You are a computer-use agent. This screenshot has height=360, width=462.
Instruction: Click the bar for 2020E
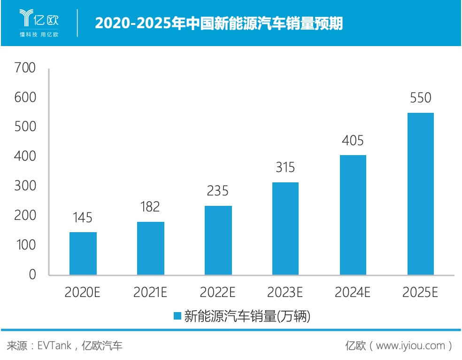coord(83,253)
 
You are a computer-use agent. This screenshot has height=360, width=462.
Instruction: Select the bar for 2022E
coord(218,240)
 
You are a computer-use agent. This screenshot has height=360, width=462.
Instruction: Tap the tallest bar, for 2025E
coord(421,194)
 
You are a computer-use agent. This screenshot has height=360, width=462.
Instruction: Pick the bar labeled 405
coord(353,215)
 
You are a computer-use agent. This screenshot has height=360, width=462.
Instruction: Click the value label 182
coord(150,206)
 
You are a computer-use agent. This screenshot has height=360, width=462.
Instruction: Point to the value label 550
coord(421,98)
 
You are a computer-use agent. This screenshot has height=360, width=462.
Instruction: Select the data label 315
coord(285,167)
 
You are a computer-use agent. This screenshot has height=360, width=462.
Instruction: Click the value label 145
coord(83,218)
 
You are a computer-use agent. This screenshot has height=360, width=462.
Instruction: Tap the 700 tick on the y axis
coord(25,68)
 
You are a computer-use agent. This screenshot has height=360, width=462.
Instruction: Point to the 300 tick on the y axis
coord(25,186)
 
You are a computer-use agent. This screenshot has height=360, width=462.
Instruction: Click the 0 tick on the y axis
coord(32,274)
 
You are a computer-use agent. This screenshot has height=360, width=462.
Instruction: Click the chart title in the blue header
coord(219,23)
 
